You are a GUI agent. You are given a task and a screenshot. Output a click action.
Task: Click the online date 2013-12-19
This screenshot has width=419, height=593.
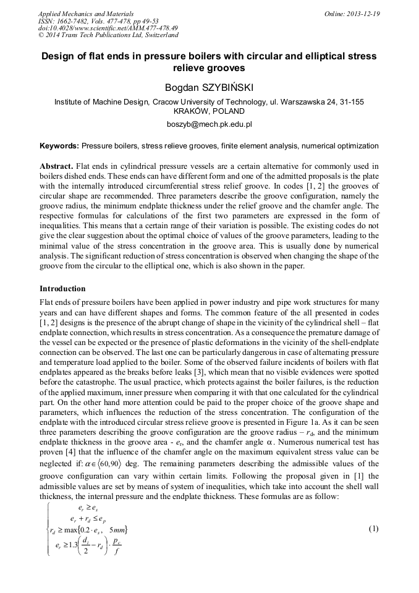pos(364,13)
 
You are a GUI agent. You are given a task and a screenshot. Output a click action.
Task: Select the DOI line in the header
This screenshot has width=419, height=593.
pos(108,28)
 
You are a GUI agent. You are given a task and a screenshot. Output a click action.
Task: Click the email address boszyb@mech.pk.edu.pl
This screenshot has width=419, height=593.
pos(209,124)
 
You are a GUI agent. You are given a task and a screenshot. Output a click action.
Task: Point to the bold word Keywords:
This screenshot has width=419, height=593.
pos(59,146)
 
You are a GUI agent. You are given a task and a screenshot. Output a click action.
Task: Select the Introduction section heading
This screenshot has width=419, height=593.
pos(62,289)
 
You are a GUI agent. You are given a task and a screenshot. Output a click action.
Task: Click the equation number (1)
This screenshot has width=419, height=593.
pos(373,528)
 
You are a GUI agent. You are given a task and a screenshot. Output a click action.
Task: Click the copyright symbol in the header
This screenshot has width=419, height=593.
pos(41,35)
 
